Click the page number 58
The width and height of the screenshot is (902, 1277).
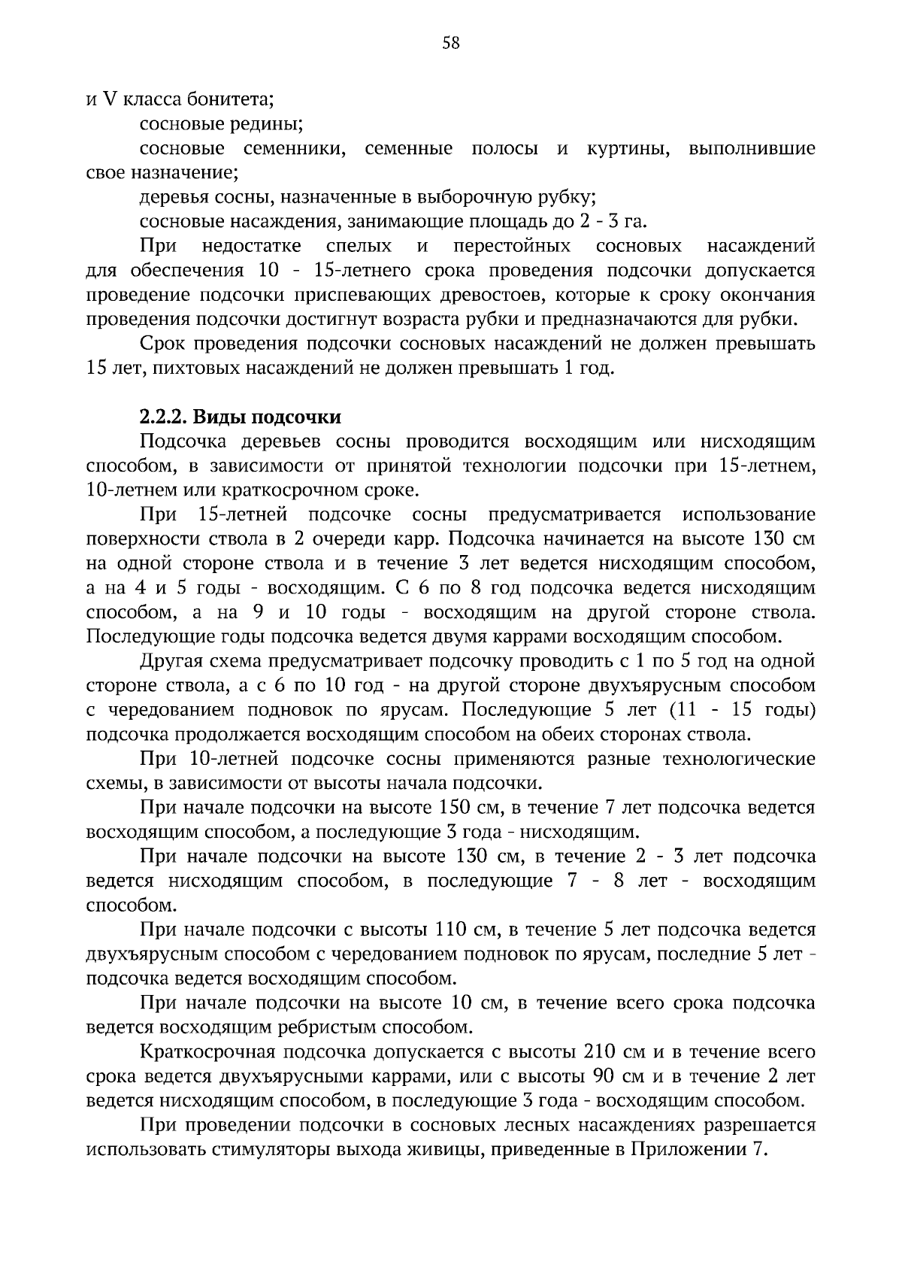[x=451, y=44]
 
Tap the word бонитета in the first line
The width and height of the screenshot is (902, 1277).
[x=231, y=99]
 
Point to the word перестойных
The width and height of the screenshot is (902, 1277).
[x=512, y=246]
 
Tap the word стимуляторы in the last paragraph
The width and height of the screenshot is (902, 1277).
[x=256, y=1149]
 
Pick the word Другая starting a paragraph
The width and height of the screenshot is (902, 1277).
[x=171, y=662]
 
